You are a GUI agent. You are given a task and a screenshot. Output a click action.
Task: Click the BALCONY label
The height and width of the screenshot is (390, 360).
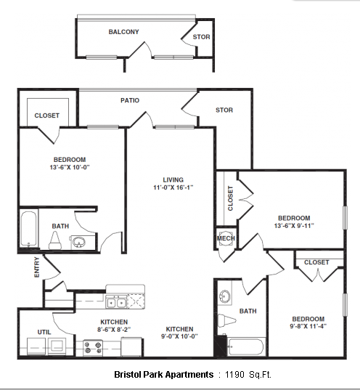123,32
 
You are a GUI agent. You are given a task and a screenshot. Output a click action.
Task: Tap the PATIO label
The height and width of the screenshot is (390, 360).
130,100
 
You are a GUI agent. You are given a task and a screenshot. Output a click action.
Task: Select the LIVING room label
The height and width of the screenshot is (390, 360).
173,179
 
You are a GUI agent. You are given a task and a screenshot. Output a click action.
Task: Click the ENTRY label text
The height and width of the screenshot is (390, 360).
37,267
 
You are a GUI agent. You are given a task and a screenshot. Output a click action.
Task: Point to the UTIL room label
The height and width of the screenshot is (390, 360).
44,332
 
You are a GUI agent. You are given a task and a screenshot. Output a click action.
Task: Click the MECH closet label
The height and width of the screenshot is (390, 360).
226,238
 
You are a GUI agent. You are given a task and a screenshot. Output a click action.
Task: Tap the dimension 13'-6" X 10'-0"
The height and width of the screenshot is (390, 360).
70,167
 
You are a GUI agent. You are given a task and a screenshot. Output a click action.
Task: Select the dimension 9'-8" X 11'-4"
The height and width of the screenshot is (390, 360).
308,326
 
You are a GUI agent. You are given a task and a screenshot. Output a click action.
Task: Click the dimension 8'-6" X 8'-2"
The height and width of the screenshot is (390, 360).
114,329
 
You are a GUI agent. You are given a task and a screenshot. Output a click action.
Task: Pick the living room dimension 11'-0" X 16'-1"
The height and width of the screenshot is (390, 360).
173,187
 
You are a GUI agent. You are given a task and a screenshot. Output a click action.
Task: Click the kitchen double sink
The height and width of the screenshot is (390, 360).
116,301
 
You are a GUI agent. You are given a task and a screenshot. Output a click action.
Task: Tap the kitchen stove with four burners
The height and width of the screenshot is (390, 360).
93,347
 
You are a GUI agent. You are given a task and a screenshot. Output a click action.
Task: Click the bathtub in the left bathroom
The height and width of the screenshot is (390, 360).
28,229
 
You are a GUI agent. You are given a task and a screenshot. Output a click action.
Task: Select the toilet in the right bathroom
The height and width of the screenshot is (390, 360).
226,320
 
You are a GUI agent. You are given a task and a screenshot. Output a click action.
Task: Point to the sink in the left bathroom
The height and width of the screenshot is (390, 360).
79,242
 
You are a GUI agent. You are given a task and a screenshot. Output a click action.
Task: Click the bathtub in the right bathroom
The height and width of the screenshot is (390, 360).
245,346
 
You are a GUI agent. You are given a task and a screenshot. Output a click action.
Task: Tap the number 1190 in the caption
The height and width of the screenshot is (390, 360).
234,374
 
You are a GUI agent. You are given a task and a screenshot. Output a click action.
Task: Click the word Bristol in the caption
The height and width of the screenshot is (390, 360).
128,374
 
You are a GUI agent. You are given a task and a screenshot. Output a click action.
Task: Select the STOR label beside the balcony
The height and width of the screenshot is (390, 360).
201,37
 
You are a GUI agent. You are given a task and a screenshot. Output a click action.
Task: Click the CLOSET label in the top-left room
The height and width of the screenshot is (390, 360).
47,115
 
